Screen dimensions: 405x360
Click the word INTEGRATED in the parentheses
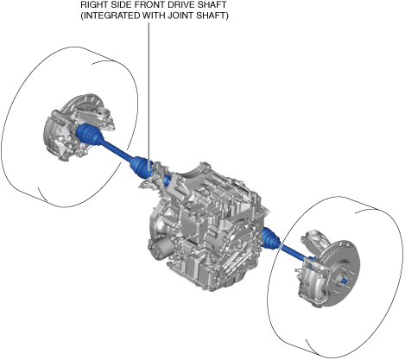pos(111,16)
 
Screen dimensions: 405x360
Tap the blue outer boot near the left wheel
pos(88,135)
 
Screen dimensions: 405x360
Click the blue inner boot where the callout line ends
pos(141,167)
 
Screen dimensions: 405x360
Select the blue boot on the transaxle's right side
pos(270,237)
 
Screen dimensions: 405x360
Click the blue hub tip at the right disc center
pos(344,280)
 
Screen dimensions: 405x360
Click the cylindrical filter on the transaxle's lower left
pos(161,247)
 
